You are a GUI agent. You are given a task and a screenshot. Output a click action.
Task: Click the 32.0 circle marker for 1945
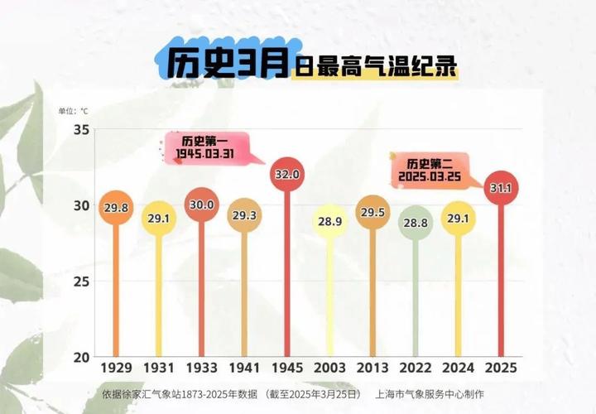coord(286,175)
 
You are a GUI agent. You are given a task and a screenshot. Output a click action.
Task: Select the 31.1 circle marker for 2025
coord(500,189)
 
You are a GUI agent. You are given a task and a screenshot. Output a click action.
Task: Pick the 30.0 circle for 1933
coord(201,205)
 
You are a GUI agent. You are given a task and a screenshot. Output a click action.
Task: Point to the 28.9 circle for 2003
coord(329,223)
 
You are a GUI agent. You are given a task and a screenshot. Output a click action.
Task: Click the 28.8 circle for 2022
coord(415,224)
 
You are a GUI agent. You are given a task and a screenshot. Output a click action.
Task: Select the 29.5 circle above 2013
coord(372,213)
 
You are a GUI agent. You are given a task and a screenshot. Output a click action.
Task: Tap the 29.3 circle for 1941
coord(243,215)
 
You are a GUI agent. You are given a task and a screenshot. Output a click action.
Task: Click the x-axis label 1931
coord(158,367)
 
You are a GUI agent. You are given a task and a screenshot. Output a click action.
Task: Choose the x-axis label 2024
coord(458,367)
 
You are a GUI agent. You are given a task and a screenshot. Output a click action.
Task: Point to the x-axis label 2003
coord(329,367)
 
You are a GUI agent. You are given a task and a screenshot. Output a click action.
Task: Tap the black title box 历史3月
coord(223,63)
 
